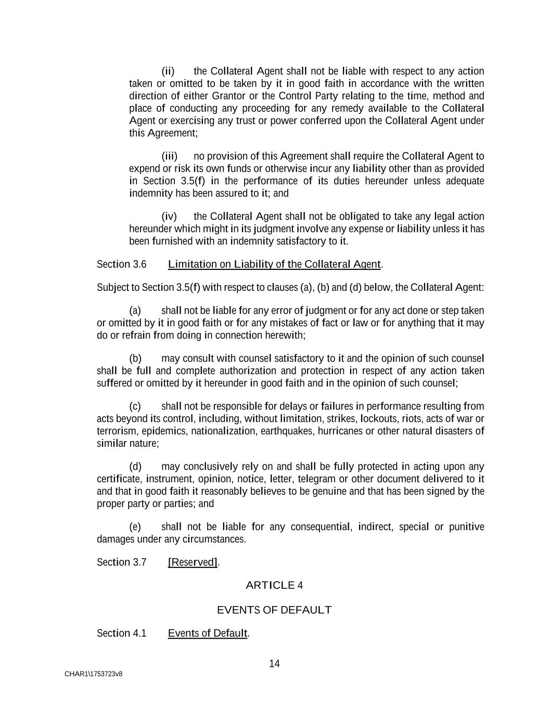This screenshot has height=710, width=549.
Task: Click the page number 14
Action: click(274, 663)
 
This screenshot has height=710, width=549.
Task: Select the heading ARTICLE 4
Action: click(274, 585)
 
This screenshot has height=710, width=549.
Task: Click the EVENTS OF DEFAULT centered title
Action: click(274, 610)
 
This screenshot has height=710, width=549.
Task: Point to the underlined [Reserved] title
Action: click(193, 562)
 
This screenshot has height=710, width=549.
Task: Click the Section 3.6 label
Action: click(121, 264)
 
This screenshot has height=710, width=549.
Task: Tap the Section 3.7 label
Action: click(121, 562)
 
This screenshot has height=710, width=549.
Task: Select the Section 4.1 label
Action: click(121, 633)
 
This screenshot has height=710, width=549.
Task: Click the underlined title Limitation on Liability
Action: click(275, 264)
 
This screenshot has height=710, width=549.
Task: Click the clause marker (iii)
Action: click(170, 156)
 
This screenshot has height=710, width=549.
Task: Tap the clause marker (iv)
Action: click(169, 216)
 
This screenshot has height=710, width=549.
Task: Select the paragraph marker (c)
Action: click(135, 406)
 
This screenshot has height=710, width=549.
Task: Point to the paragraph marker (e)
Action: click(135, 527)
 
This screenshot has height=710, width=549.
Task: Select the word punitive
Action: click(466, 527)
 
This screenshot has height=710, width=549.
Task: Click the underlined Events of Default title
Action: click(208, 633)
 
